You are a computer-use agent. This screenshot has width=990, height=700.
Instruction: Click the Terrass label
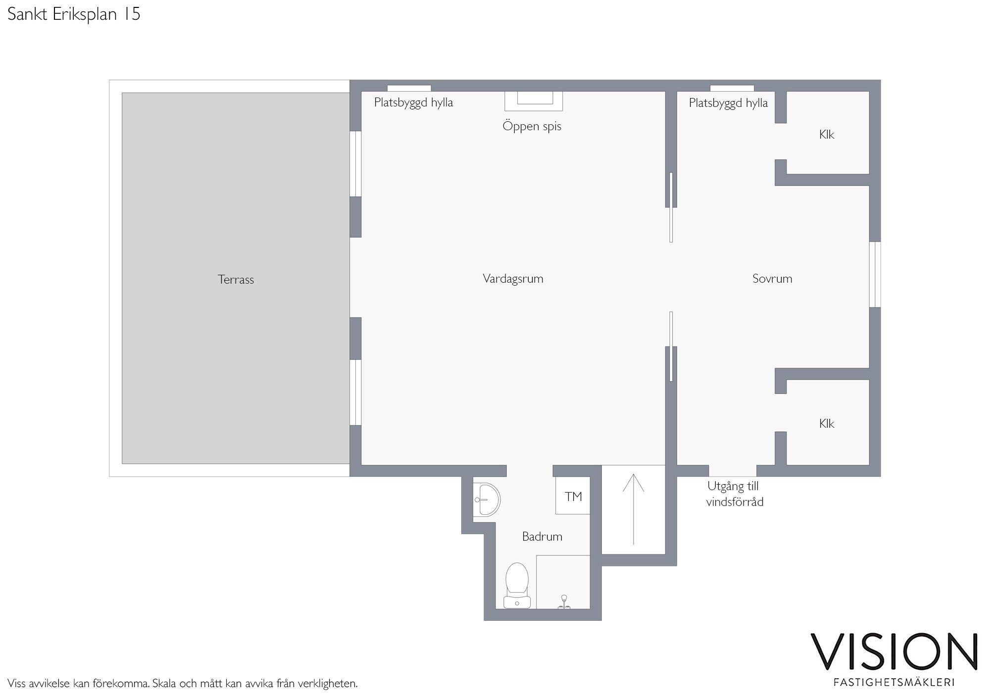236,280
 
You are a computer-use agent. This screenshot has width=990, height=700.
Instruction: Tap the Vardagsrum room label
513,279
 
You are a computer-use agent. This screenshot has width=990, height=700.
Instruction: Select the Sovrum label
772,279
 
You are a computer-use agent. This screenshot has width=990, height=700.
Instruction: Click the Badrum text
542,536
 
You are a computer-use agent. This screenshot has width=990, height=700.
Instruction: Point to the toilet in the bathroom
517,585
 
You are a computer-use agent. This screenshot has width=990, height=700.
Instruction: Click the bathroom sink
486,500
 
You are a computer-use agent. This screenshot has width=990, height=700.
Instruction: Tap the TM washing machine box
573,496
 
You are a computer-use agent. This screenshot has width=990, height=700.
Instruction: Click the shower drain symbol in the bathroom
564,602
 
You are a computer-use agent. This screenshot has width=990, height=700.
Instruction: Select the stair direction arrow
633,509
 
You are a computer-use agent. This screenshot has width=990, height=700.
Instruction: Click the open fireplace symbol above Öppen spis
534,101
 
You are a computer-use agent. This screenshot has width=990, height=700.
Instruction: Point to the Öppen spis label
532,126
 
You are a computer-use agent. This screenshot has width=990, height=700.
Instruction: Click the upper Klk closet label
827,135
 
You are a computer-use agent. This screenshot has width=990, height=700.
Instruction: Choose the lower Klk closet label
827,424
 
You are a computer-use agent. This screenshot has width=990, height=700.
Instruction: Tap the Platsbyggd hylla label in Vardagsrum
413,103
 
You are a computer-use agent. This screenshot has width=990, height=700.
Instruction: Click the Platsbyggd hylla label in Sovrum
728,103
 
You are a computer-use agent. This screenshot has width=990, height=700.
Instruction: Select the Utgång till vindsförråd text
735,494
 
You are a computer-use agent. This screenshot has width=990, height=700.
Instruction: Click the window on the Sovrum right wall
875,274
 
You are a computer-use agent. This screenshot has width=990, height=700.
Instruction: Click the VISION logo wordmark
893,651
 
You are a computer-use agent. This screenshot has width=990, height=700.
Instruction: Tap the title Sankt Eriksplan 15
74,14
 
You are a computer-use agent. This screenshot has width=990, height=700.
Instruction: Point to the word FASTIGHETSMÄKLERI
894,682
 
